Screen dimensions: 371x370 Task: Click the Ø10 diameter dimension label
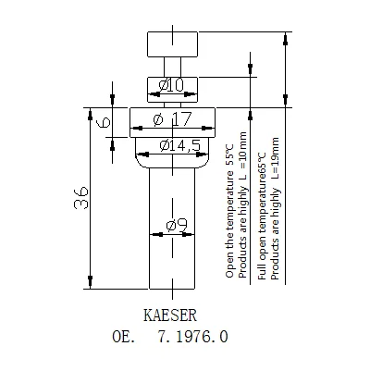[x=172, y=86]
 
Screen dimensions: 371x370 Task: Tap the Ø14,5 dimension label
[x=174, y=144]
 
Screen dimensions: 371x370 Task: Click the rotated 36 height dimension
[x=80, y=196]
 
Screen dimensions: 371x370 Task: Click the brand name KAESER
[x=171, y=314]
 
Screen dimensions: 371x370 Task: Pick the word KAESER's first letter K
[x=149, y=314]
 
